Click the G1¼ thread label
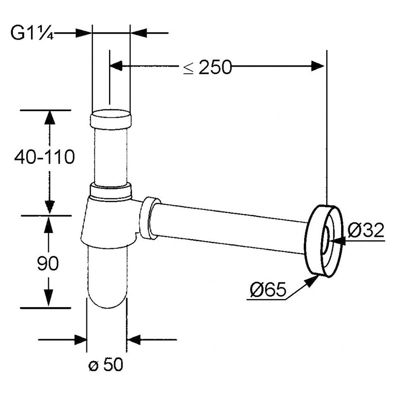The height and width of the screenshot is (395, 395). pyautogui.click(x=32, y=33)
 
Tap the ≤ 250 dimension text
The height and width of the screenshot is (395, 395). pyautogui.click(x=207, y=67)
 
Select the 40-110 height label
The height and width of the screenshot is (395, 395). pyautogui.click(x=44, y=157)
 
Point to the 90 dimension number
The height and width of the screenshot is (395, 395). pyautogui.click(x=47, y=263)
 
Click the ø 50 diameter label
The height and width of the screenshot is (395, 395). pyautogui.click(x=106, y=364)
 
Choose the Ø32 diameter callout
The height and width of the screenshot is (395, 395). pyautogui.click(x=366, y=230)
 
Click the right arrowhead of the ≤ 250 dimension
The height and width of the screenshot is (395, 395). pyautogui.click(x=317, y=66)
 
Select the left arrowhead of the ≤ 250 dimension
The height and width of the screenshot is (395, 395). pyautogui.click(x=116, y=66)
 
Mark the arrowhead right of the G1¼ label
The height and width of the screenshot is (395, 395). pyautogui.click(x=83, y=33)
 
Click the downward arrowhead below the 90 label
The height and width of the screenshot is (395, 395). pyautogui.click(x=48, y=297)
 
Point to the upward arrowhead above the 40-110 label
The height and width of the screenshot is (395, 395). pyautogui.click(x=50, y=118)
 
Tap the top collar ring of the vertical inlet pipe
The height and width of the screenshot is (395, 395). pyautogui.click(x=111, y=119)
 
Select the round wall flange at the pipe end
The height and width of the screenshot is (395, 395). pyautogui.click(x=324, y=241)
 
